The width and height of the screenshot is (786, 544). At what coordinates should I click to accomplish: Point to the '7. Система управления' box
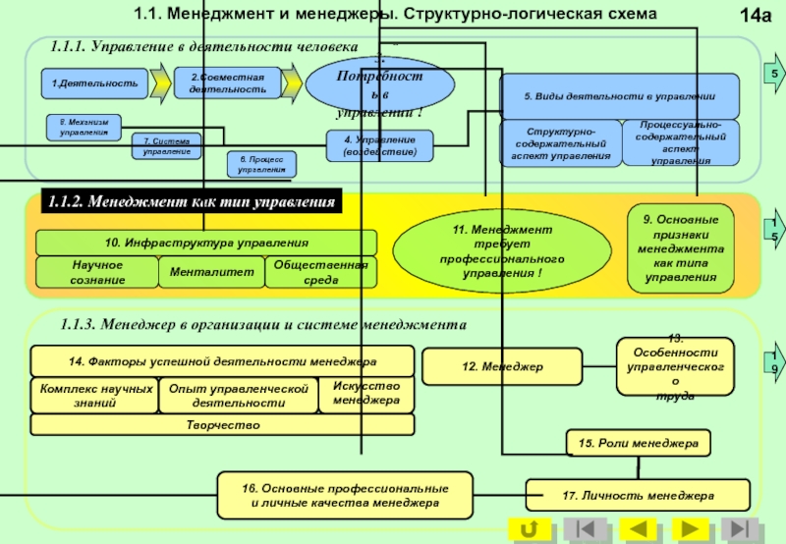pyautogui.click(x=167, y=146)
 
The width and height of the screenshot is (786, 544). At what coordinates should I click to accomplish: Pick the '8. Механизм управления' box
pyautogui.click(x=84, y=127)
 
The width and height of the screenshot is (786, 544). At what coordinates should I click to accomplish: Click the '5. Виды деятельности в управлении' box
pyautogui.click(x=618, y=96)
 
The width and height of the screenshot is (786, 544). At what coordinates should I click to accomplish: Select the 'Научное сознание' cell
pyautogui.click(x=96, y=272)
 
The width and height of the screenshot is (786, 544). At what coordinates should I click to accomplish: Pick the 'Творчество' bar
pyautogui.click(x=222, y=424)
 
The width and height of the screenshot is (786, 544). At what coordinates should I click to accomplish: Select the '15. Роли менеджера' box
pyautogui.click(x=638, y=444)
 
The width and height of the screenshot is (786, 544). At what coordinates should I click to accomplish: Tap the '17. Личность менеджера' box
pyautogui.click(x=638, y=495)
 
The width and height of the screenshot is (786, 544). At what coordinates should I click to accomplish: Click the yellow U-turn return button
pyautogui.click(x=533, y=530)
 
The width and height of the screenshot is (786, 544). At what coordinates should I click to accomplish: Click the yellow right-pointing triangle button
pyautogui.click(x=690, y=530)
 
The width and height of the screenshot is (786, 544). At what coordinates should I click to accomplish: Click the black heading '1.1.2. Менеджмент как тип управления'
pyautogui.click(x=193, y=201)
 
